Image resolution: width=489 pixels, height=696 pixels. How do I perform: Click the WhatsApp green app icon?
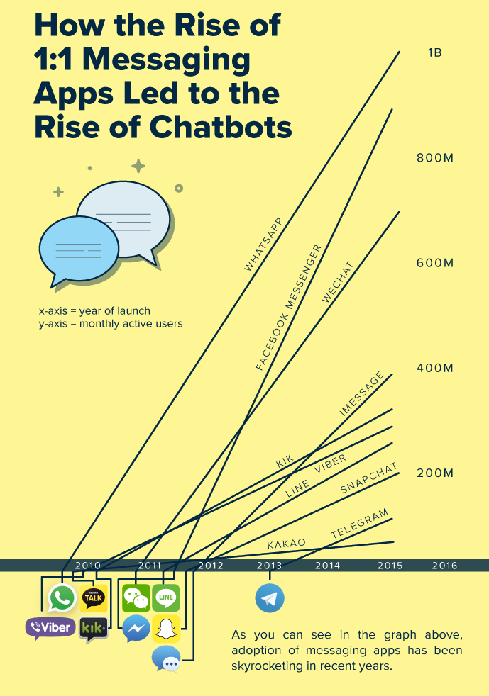tap(62, 598)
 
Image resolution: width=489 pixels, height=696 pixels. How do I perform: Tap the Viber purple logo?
tap(50, 628)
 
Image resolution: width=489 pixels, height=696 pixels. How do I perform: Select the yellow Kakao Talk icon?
tap(94, 598)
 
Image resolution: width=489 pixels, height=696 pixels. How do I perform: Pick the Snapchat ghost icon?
tap(166, 628)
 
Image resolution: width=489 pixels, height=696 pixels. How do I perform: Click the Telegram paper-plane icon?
tap(270, 598)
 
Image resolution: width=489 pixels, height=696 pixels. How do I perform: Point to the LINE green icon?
tap(166, 598)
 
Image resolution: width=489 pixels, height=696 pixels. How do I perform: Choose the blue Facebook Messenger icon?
tap(136, 628)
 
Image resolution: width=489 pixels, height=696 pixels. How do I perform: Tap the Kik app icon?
tap(94, 628)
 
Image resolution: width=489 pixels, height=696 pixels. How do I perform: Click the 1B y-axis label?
tap(434, 52)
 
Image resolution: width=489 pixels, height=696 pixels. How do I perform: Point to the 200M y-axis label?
tap(434, 473)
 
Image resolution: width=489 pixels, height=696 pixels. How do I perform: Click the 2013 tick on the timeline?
tap(270, 566)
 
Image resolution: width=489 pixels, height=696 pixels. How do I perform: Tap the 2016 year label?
tap(444, 566)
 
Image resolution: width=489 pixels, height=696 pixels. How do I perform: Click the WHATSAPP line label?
tap(263, 245)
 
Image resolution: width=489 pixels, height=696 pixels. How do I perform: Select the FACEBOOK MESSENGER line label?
tap(289, 308)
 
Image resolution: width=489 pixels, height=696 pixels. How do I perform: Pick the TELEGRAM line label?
tap(360, 524)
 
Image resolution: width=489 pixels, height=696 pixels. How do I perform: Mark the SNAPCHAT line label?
tap(369, 479)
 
